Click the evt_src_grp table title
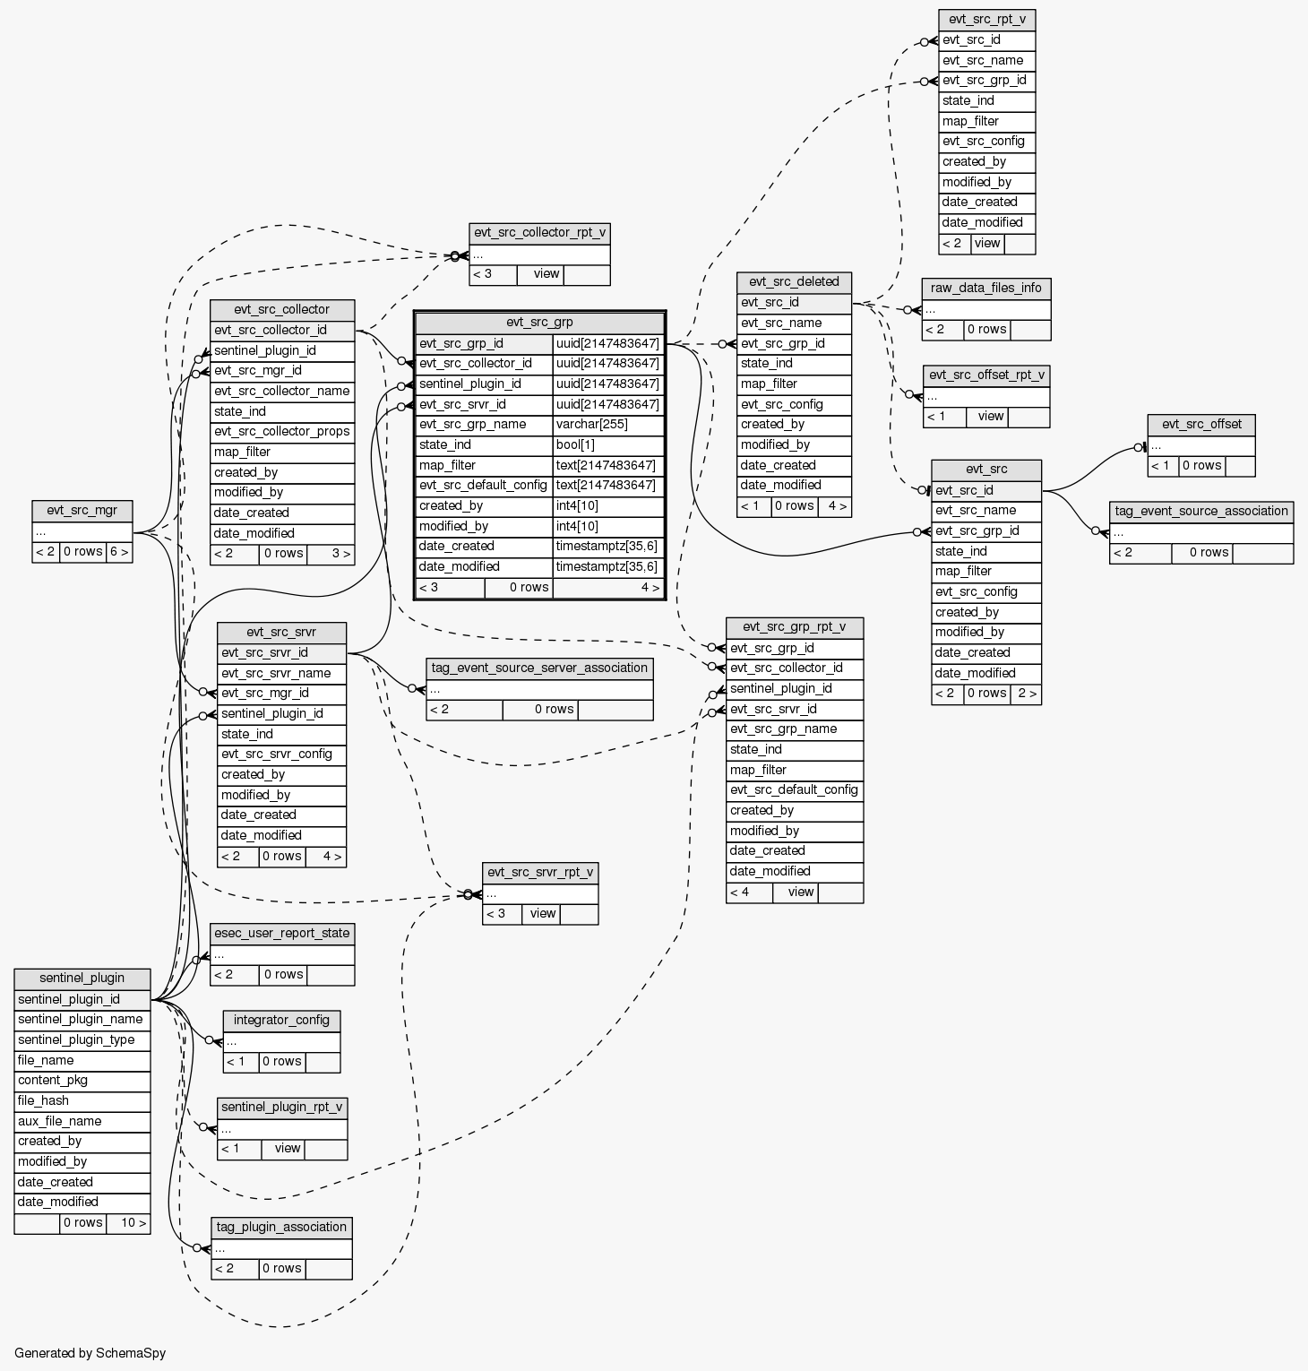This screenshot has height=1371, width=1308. click(x=539, y=323)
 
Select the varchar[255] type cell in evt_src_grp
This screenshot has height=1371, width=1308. click(x=608, y=425)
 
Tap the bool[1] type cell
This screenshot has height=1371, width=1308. click(x=608, y=445)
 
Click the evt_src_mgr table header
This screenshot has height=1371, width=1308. click(x=82, y=511)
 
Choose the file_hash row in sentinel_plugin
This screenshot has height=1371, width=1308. click(x=82, y=1101)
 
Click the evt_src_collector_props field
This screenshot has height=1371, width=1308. click(x=282, y=432)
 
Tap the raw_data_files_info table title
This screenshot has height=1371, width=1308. click(x=985, y=289)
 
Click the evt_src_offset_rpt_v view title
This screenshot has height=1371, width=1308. click(x=986, y=375)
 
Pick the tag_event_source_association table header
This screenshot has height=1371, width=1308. click(x=1200, y=512)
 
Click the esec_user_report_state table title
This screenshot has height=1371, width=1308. click(x=282, y=934)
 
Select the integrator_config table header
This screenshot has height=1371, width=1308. click(x=281, y=1021)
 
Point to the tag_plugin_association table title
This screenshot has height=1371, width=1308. click(x=281, y=1228)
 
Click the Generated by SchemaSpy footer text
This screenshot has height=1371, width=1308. click(x=90, y=1353)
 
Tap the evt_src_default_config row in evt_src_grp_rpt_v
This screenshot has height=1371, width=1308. click(x=794, y=790)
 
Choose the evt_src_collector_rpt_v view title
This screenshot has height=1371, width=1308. click(x=539, y=233)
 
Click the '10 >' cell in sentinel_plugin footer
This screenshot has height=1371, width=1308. click(x=128, y=1223)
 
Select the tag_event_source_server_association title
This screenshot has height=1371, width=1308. click(x=539, y=668)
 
